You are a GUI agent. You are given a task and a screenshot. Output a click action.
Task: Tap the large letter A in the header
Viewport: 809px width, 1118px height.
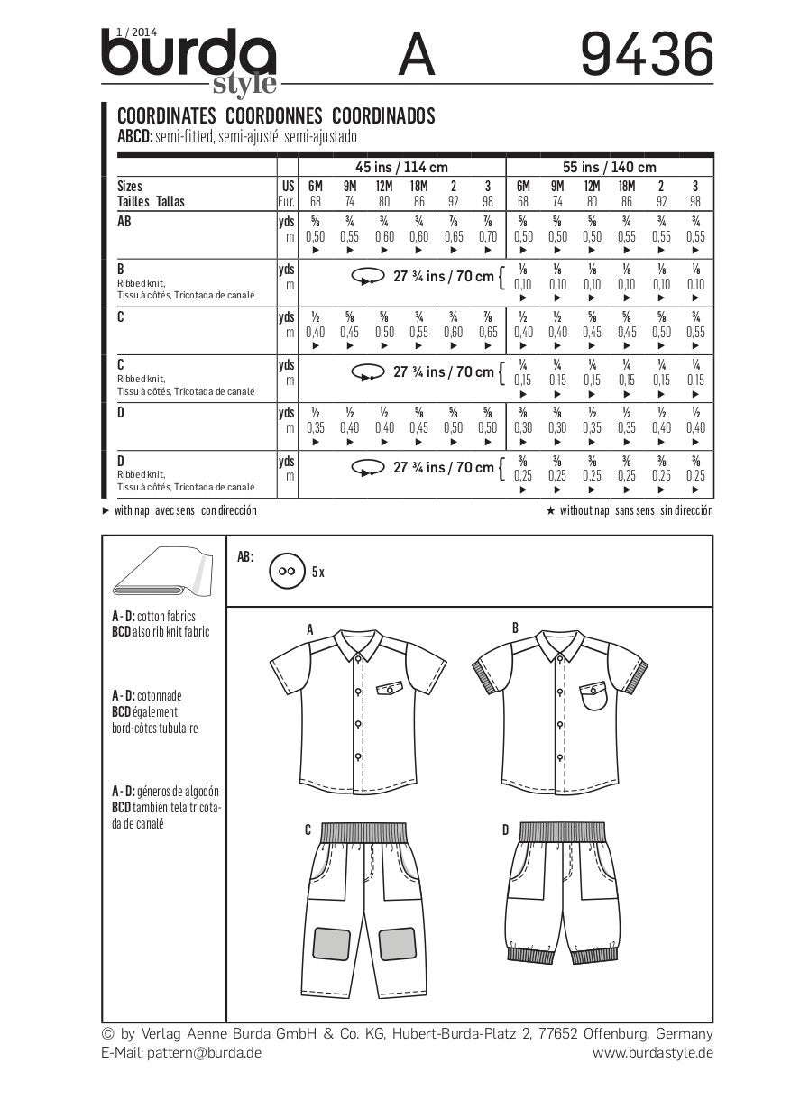click(417, 56)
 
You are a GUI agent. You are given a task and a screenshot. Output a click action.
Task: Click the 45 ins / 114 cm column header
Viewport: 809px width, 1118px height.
click(401, 167)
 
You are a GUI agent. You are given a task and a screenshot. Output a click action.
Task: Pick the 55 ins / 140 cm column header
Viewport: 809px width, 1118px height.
click(609, 167)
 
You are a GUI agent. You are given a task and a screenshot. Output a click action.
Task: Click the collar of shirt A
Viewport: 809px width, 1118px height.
click(358, 643)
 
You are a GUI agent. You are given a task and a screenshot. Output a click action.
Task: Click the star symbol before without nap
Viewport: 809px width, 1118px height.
click(549, 510)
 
